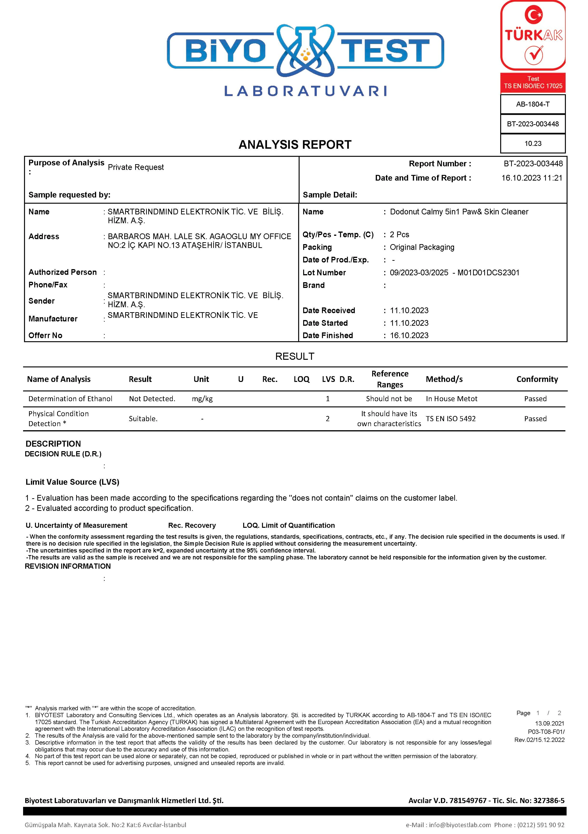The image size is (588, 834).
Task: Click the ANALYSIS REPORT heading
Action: click(295, 145)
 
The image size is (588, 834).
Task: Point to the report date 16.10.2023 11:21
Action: click(532, 178)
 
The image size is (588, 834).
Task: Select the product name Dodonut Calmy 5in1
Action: click(459, 212)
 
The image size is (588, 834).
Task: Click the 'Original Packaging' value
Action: click(422, 247)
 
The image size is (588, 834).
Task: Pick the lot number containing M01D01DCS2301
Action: click(454, 273)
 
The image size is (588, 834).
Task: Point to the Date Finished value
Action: click(409, 336)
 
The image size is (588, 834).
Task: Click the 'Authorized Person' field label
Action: click(63, 272)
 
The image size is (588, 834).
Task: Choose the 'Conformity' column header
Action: click(537, 379)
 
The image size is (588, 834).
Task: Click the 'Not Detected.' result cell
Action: click(152, 399)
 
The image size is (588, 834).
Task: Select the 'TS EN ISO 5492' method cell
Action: click(450, 419)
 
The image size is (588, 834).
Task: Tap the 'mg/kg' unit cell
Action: click(202, 399)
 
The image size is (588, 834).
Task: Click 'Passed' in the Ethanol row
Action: click(535, 399)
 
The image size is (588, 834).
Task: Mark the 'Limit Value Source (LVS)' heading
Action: click(72, 482)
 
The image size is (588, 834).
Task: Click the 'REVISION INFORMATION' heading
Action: click(68, 566)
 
